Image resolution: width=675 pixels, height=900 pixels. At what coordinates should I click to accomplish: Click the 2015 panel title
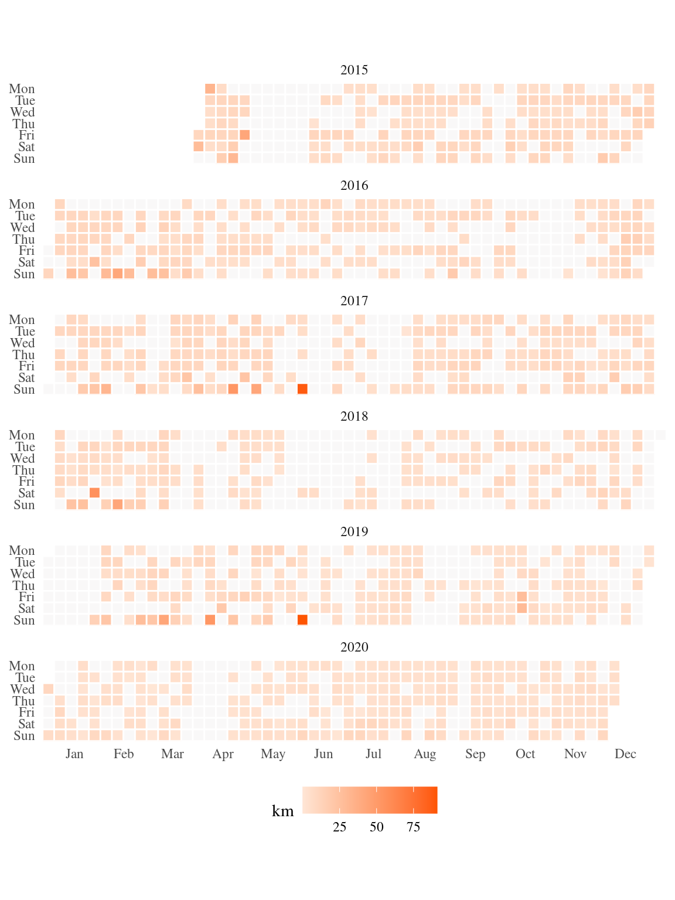tap(354, 70)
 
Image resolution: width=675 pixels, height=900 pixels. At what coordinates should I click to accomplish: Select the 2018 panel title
tap(354, 417)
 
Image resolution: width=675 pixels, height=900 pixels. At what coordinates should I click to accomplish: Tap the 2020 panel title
tap(354, 647)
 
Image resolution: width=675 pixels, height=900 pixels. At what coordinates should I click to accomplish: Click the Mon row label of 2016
tap(22, 204)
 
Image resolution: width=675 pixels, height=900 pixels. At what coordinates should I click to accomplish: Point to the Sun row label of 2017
tap(24, 390)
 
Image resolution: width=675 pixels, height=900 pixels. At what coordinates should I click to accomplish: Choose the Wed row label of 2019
tap(22, 574)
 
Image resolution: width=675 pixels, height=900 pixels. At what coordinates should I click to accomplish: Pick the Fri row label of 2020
tap(26, 712)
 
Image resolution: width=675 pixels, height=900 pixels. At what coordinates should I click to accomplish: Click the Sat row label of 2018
tap(26, 493)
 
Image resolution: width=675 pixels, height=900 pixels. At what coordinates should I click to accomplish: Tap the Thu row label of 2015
tap(24, 124)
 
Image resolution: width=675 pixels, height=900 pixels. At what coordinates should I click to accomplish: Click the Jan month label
tap(74, 754)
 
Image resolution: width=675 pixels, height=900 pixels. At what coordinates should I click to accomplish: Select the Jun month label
tap(323, 754)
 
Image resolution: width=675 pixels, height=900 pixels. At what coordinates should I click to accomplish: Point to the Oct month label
tap(525, 754)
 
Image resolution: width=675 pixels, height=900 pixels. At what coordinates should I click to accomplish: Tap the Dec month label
tap(625, 754)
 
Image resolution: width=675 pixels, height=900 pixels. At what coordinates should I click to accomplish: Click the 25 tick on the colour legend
tap(340, 827)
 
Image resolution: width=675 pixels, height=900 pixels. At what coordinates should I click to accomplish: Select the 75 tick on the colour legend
tap(414, 827)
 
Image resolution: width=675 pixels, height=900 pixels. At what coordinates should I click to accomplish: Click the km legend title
tap(283, 811)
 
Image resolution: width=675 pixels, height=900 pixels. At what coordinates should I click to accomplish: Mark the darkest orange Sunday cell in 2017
tap(302, 389)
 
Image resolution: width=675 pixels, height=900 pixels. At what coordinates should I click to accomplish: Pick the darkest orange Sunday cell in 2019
tap(302, 620)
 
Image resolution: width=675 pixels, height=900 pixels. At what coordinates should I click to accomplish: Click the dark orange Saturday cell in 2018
tap(94, 493)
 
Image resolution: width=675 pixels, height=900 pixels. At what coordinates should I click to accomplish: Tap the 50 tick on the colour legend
tap(377, 827)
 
